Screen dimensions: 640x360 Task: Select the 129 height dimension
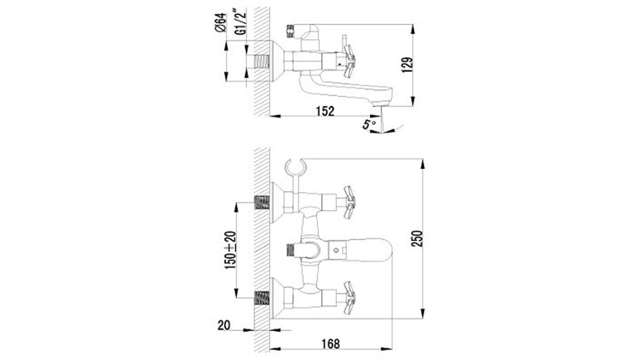tap(407, 65)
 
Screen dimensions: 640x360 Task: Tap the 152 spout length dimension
tap(325, 111)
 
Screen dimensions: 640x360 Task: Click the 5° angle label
tap(369, 124)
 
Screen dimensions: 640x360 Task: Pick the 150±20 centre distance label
tap(231, 250)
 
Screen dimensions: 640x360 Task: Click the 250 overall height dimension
tap(417, 238)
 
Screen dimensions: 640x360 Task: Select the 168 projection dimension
tap(330, 343)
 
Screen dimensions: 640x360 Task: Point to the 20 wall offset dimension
tap(224, 325)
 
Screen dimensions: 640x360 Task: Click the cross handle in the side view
tap(350, 61)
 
